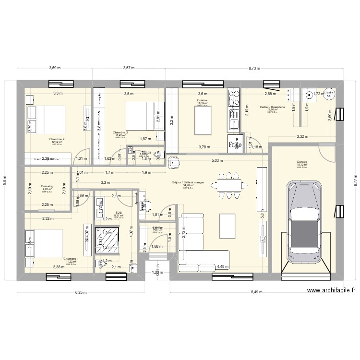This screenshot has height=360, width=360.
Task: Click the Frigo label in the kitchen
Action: [x=235, y=144]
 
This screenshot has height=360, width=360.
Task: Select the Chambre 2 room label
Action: [x=57, y=139]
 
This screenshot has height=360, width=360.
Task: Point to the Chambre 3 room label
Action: [x=120, y=132]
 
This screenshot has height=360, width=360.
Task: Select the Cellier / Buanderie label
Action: [x=272, y=107]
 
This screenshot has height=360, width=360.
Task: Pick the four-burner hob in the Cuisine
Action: [x=235, y=98]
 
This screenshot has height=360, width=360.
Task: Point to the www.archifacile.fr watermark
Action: [x=332, y=290]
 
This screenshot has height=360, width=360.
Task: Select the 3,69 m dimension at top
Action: [x=55, y=68]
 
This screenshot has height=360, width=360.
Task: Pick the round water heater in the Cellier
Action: [x=329, y=94]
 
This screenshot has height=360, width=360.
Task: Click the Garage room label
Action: [x=301, y=162]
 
